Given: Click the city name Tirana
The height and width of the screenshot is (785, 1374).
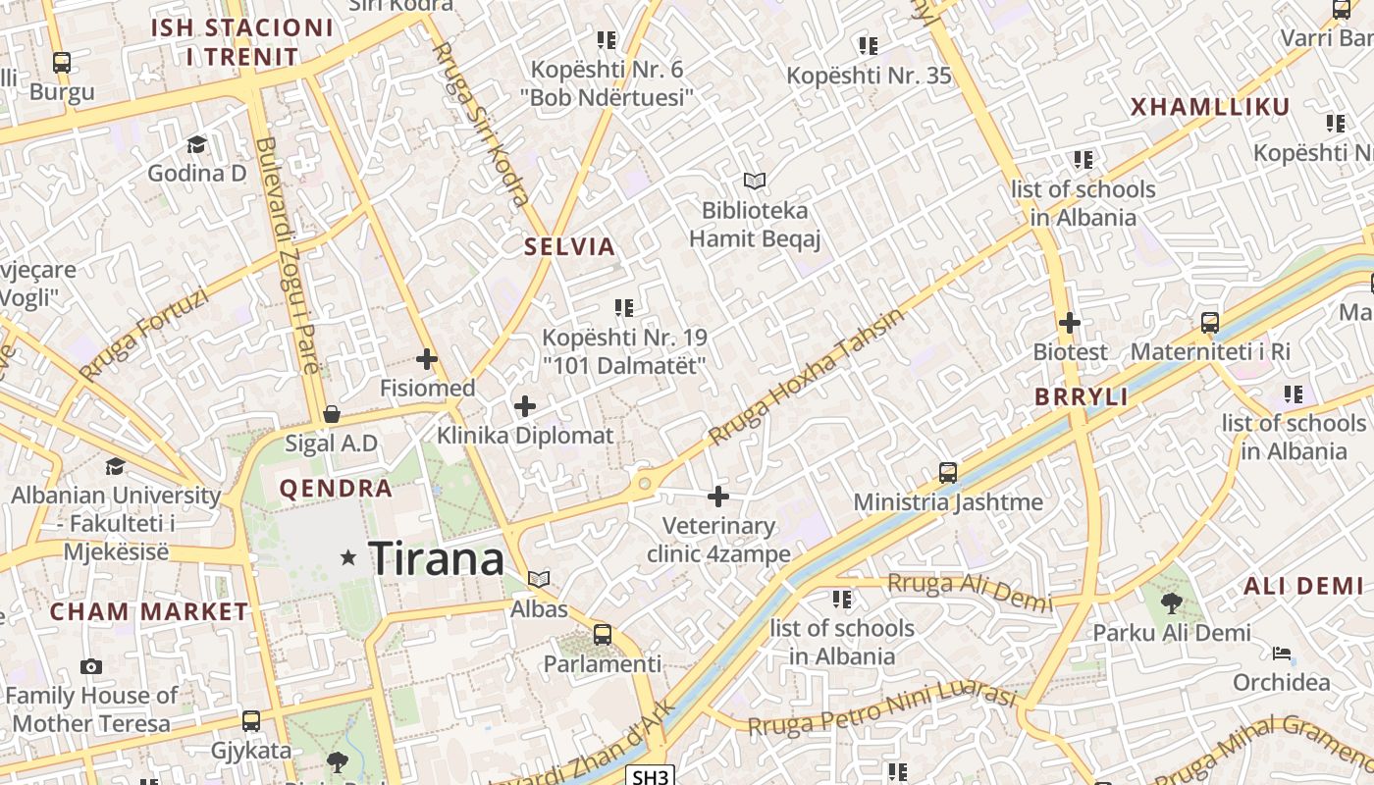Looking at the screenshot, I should tap(436, 559).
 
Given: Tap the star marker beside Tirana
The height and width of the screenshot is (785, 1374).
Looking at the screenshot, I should tap(348, 557).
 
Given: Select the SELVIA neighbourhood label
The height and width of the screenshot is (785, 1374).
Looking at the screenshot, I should tap(569, 246).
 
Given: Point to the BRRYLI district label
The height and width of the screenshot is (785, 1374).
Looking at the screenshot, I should tap(1082, 397).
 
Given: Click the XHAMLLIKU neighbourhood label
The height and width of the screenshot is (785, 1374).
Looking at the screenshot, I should tap(1209, 108).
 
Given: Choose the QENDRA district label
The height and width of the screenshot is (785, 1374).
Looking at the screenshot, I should tap(336, 488).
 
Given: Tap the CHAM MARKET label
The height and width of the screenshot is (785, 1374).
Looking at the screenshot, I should tap(149, 611).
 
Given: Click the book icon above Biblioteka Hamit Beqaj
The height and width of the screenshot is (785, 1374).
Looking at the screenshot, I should tap(754, 181).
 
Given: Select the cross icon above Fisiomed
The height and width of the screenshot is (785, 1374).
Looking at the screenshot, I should tap(427, 359).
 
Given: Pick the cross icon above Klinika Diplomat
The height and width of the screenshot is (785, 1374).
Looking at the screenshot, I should tap(525, 406).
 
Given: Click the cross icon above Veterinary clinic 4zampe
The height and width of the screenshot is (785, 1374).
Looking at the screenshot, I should tap(718, 497).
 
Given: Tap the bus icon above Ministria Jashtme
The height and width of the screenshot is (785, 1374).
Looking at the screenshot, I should tap(947, 473).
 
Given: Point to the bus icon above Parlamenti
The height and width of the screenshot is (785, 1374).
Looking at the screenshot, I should tap(603, 635).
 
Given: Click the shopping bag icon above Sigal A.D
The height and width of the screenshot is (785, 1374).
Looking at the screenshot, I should tap(332, 414).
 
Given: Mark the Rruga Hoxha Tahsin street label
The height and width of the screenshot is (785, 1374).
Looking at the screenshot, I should tap(807, 377).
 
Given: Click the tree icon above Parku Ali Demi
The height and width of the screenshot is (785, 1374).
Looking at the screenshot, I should tap(1171, 603).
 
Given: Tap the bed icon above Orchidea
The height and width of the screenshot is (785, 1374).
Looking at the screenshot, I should tap(1282, 654).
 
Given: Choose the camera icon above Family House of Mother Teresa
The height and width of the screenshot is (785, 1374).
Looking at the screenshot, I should tap(91, 667).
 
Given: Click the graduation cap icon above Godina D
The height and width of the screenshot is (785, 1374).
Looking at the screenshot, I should tap(196, 145).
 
